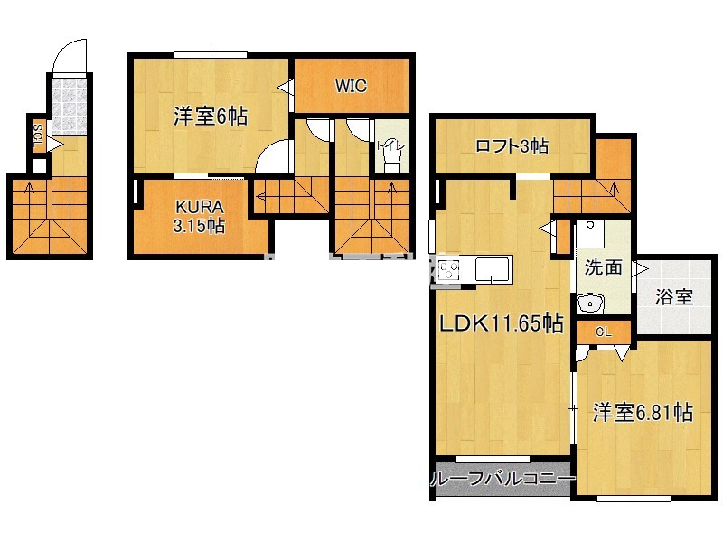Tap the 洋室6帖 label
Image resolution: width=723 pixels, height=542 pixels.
pos(211,116)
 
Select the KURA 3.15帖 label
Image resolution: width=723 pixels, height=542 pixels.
pos(200,217)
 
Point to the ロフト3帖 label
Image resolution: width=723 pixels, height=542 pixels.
pos(512,145)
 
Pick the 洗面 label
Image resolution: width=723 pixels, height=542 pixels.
pos(602,266)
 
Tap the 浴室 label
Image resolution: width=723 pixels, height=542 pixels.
pos(673,296)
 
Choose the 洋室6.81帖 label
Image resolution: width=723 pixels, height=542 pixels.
pos(643,413)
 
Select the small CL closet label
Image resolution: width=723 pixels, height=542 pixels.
pos(603,332)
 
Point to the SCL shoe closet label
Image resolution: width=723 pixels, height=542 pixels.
pos(39,138)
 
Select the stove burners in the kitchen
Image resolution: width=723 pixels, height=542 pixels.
pos(449,269)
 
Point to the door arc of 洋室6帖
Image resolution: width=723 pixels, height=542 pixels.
pos(273,159)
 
